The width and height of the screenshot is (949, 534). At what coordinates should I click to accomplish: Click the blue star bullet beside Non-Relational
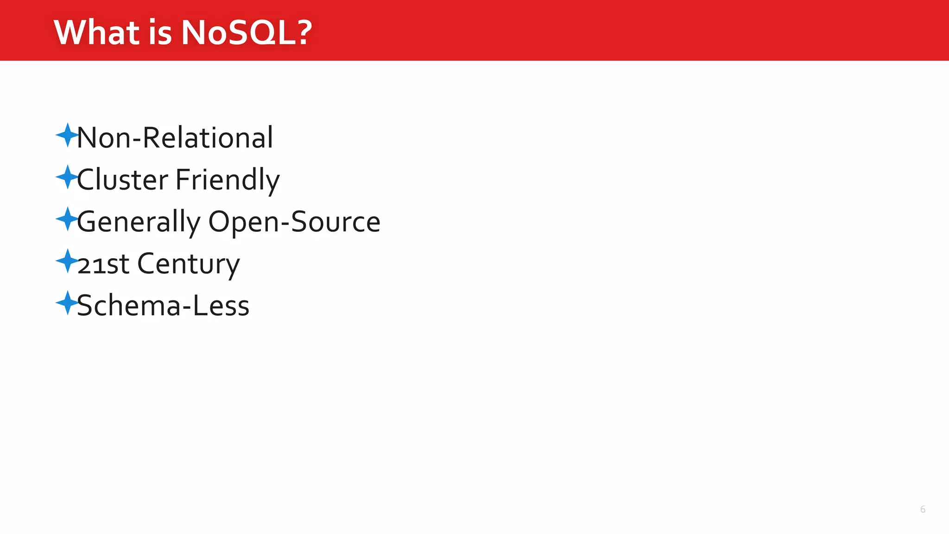[67, 135]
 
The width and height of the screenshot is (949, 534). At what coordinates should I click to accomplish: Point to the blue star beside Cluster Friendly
[67, 177]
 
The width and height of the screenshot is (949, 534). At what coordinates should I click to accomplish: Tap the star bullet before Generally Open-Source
[67, 219]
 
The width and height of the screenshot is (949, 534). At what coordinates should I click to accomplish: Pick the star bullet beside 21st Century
[67, 261]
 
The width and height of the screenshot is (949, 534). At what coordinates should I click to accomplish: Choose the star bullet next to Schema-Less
[67, 303]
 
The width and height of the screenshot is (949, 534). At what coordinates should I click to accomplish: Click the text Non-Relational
[175, 138]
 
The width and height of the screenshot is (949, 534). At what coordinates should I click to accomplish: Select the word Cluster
[122, 180]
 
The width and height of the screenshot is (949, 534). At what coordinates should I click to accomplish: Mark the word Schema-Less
[163, 306]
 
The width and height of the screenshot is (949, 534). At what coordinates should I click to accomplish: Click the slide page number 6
[923, 509]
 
